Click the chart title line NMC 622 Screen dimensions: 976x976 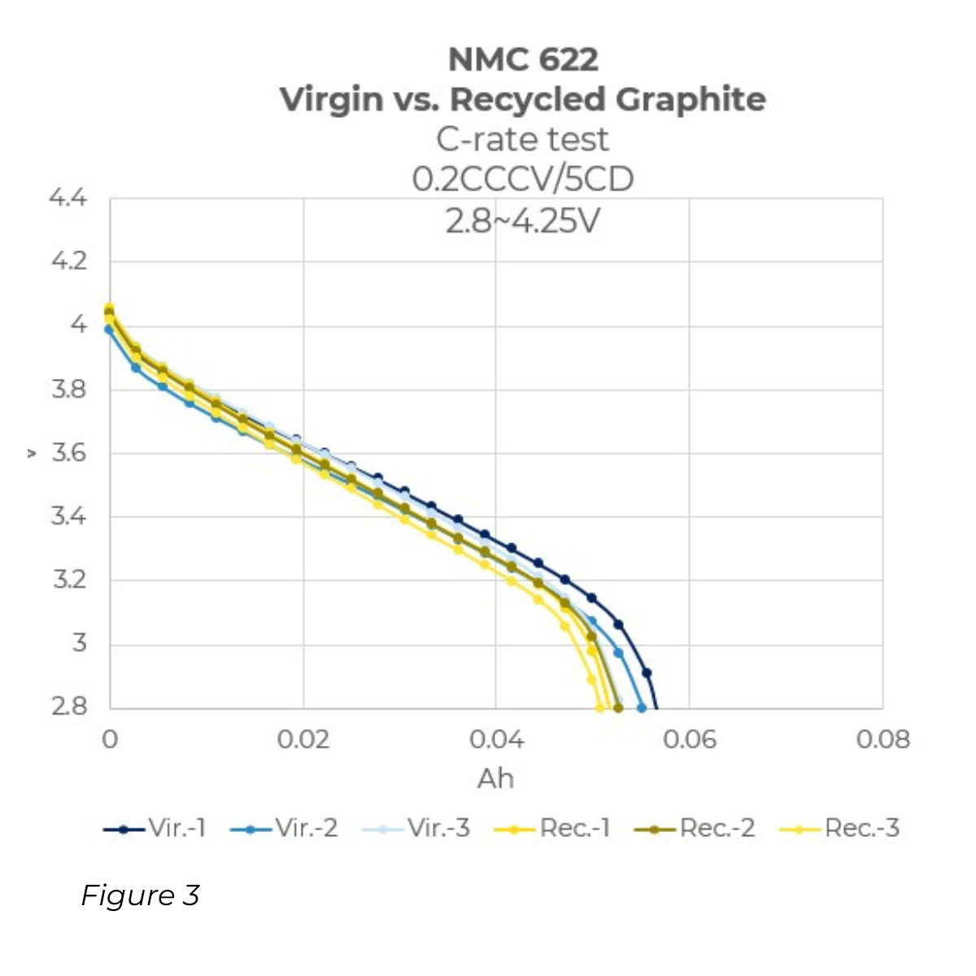(523, 59)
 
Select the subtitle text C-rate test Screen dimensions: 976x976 (522, 139)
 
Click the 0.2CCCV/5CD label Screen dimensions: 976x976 (522, 179)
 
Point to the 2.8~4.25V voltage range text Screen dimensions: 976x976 (522, 220)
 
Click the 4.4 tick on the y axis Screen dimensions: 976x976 (68, 198)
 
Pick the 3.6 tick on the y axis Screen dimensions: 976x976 (68, 452)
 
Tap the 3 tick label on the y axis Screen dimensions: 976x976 (78, 643)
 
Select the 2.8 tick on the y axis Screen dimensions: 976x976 (68, 706)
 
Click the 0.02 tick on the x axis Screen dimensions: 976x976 (303, 739)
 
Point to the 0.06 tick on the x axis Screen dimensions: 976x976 (689, 739)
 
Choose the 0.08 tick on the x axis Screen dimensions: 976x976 (882, 739)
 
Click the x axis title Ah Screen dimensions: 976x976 (495, 778)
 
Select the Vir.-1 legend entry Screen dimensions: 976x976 (155, 829)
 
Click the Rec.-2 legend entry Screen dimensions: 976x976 (695, 829)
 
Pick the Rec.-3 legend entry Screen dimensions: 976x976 (839, 829)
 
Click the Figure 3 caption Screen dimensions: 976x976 (140, 895)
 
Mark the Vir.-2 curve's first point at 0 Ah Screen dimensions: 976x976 (109, 329)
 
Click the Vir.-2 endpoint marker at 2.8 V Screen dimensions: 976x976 (642, 708)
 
